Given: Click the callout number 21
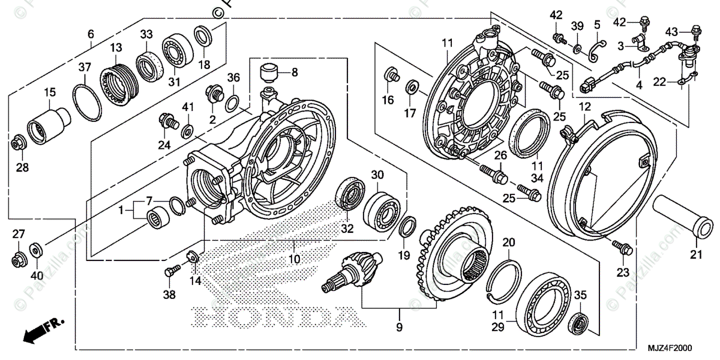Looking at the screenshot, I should [695, 255].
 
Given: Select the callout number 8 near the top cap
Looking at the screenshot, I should [295, 73].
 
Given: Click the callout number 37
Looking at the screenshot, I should [84, 68].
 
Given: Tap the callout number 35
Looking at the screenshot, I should [580, 295].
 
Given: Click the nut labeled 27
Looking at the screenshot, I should [17, 261].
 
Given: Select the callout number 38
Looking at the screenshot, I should [169, 295].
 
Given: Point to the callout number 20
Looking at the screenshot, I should [509, 243].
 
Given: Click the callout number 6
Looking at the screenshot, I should [91, 34].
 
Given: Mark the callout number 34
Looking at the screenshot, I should [536, 178].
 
